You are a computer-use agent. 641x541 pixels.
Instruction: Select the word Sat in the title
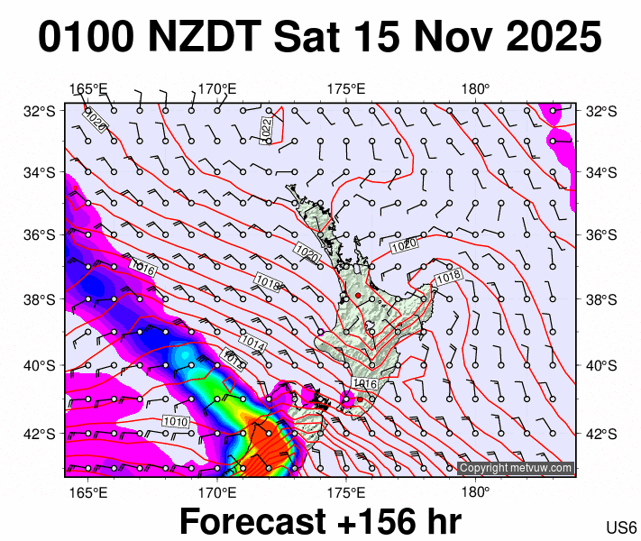310,37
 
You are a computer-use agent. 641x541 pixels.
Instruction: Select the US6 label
621,527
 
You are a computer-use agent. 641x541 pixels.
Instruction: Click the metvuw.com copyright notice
516,468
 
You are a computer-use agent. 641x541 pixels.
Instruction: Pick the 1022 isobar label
265,128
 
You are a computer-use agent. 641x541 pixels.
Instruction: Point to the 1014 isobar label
252,344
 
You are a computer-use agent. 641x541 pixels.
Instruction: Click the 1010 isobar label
175,421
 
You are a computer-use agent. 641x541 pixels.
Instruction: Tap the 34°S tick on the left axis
39,172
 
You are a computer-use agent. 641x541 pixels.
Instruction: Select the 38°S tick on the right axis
600,299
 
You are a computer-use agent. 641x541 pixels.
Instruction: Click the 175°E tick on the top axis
346,89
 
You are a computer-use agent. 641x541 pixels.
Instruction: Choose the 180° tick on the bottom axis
475,492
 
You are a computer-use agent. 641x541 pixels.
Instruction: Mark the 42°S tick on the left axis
39,433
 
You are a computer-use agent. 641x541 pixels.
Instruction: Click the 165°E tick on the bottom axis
87,492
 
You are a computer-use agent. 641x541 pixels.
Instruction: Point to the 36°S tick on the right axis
600,234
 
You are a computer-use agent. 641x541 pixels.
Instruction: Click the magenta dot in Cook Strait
347,398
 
